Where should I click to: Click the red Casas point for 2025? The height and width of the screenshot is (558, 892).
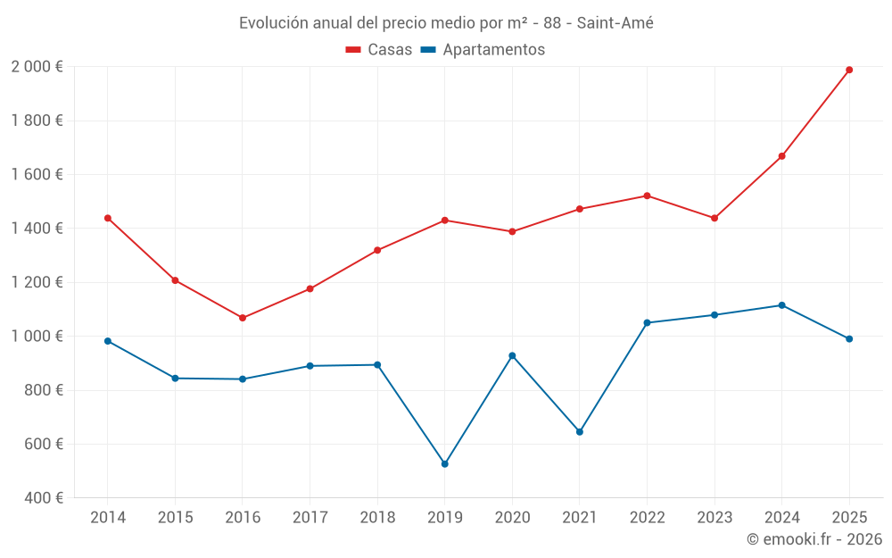pos(849,70)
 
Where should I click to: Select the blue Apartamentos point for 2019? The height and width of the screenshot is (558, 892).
pos(445,464)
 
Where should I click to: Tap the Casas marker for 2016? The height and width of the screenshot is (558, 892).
pos(243,318)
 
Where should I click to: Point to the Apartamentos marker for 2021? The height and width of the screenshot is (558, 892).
pos(580,432)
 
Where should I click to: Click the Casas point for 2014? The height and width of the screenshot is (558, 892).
pos(108,218)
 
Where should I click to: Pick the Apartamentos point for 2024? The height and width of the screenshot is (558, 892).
pos(782,305)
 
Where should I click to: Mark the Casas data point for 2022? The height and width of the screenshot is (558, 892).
pos(647,196)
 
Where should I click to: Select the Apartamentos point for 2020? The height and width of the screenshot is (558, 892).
pos(512,355)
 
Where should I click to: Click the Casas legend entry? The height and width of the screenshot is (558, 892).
pos(379,50)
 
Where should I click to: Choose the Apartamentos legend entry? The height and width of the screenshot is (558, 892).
pos(482,50)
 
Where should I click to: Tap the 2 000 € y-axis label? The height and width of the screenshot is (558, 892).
pos(37,67)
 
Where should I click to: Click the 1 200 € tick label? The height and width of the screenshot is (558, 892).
pos(37,282)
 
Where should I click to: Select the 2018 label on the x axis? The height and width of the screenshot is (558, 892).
pos(377,518)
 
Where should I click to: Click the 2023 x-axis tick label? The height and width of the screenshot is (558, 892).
pos(714,518)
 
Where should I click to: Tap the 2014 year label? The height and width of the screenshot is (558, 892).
pos(108,518)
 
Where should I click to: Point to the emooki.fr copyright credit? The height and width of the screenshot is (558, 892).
pos(814,539)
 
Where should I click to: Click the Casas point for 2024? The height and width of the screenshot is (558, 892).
pos(782,156)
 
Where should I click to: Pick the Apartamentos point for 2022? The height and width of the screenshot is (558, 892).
pos(647,322)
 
